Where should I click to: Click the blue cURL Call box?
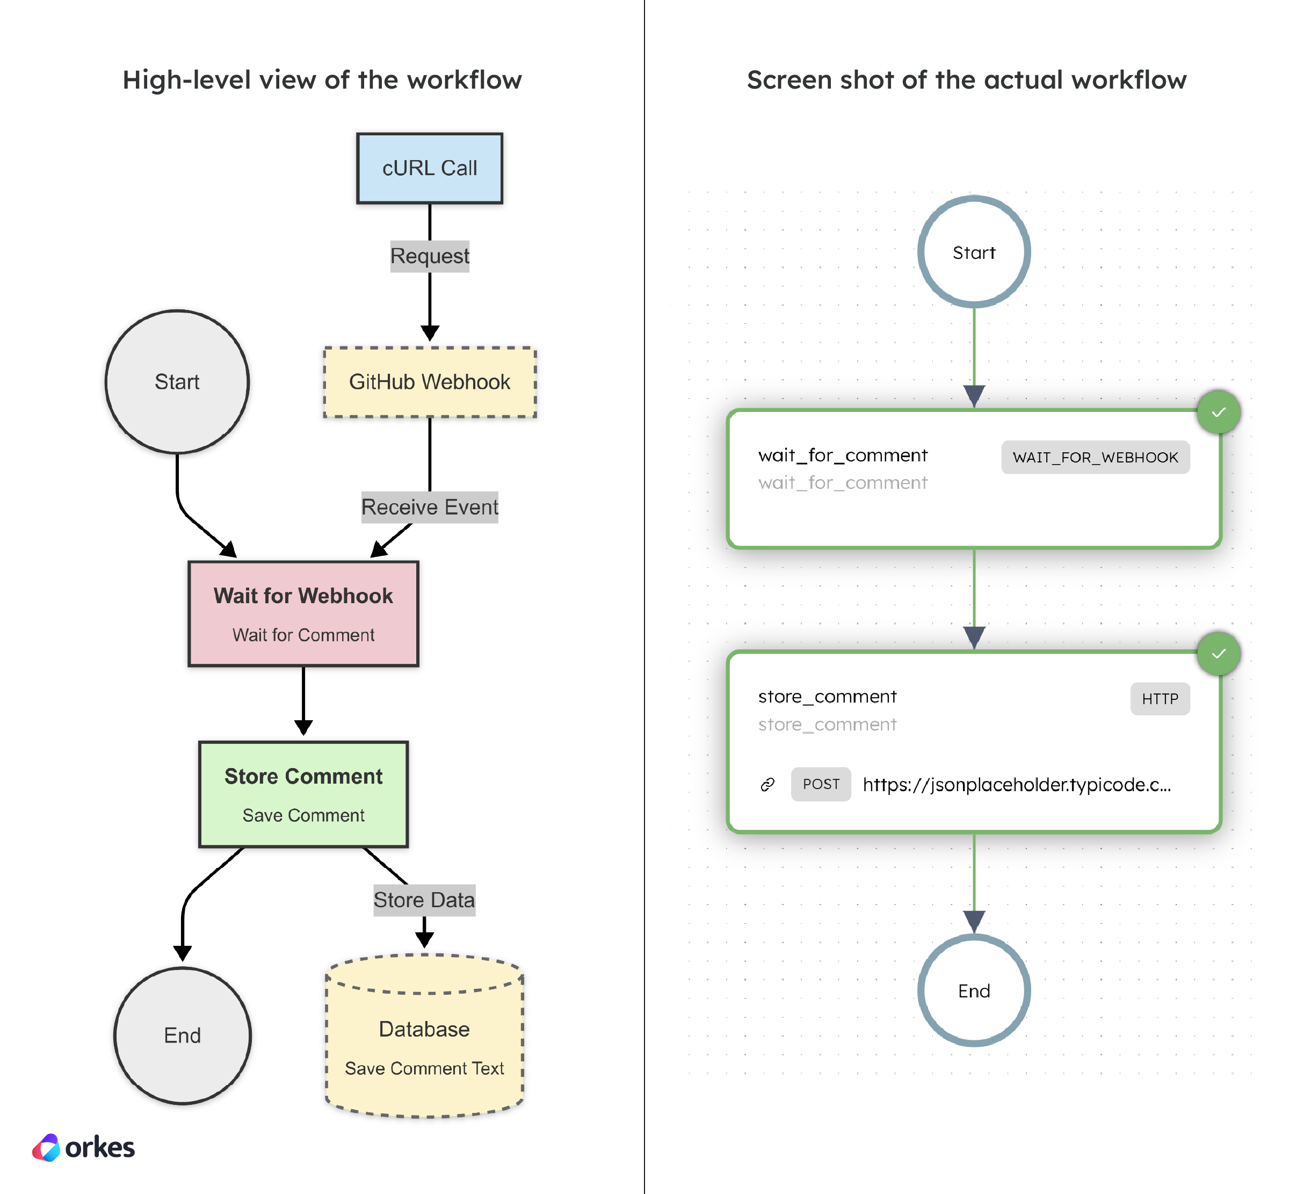click(x=429, y=169)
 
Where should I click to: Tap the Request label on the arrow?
click(x=429, y=256)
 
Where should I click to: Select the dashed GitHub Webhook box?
click(x=429, y=382)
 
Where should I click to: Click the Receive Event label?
click(x=429, y=507)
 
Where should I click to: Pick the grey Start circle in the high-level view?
click(x=177, y=382)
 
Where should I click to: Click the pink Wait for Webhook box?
click(x=303, y=613)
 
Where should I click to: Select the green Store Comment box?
click(x=303, y=794)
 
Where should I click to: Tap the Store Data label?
click(x=424, y=900)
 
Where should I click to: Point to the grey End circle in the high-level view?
click(x=182, y=1035)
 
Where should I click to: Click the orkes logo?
click(x=83, y=1147)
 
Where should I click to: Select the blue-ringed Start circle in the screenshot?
click(x=974, y=252)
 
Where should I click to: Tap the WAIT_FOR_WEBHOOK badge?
click(x=1095, y=458)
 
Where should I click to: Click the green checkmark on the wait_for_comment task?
click(x=1218, y=412)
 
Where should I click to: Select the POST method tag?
click(x=821, y=784)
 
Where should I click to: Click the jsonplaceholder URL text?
click(x=1016, y=784)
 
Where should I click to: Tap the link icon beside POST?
click(x=767, y=784)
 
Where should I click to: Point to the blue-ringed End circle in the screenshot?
click(x=974, y=990)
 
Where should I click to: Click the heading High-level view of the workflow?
click(x=322, y=80)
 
